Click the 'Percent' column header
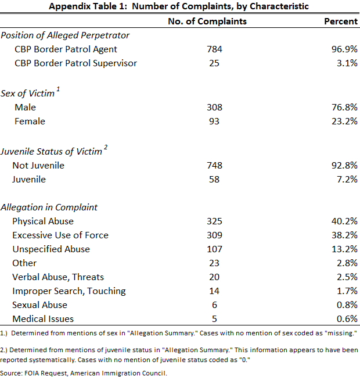[341, 22]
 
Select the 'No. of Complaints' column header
[207, 22]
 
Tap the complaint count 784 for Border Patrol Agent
[214, 49]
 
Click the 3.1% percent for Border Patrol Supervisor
[347, 63]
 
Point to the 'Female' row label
[30, 121]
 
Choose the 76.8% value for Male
[344, 108]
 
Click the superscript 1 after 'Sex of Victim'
[58, 90]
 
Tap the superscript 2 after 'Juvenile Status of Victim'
[106, 148]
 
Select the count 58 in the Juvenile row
[214, 179]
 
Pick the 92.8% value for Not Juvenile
[344, 166]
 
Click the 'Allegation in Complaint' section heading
[49, 207]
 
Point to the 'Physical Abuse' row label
[43, 221]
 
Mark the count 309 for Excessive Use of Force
[214, 235]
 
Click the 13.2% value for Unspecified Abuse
[344, 249]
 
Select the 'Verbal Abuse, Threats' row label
[58, 277]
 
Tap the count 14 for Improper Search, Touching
[214, 291]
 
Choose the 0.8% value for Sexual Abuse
[347, 305]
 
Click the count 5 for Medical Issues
[214, 318]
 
